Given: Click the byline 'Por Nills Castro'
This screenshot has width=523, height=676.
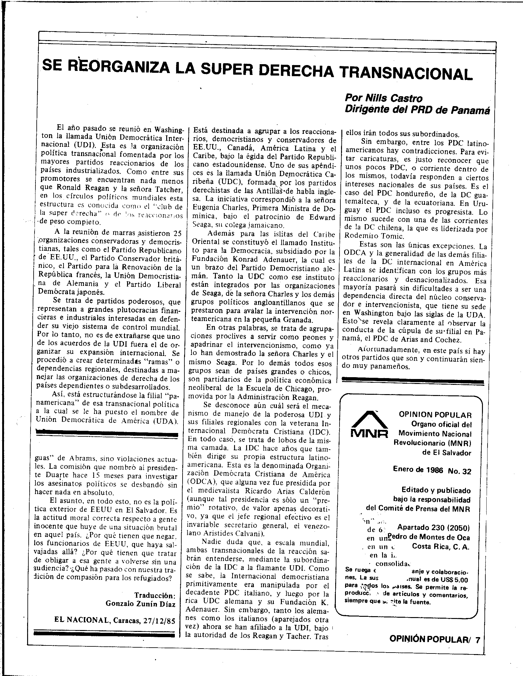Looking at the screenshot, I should (383, 98).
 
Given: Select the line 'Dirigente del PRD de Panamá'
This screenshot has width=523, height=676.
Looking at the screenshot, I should (417, 110).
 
